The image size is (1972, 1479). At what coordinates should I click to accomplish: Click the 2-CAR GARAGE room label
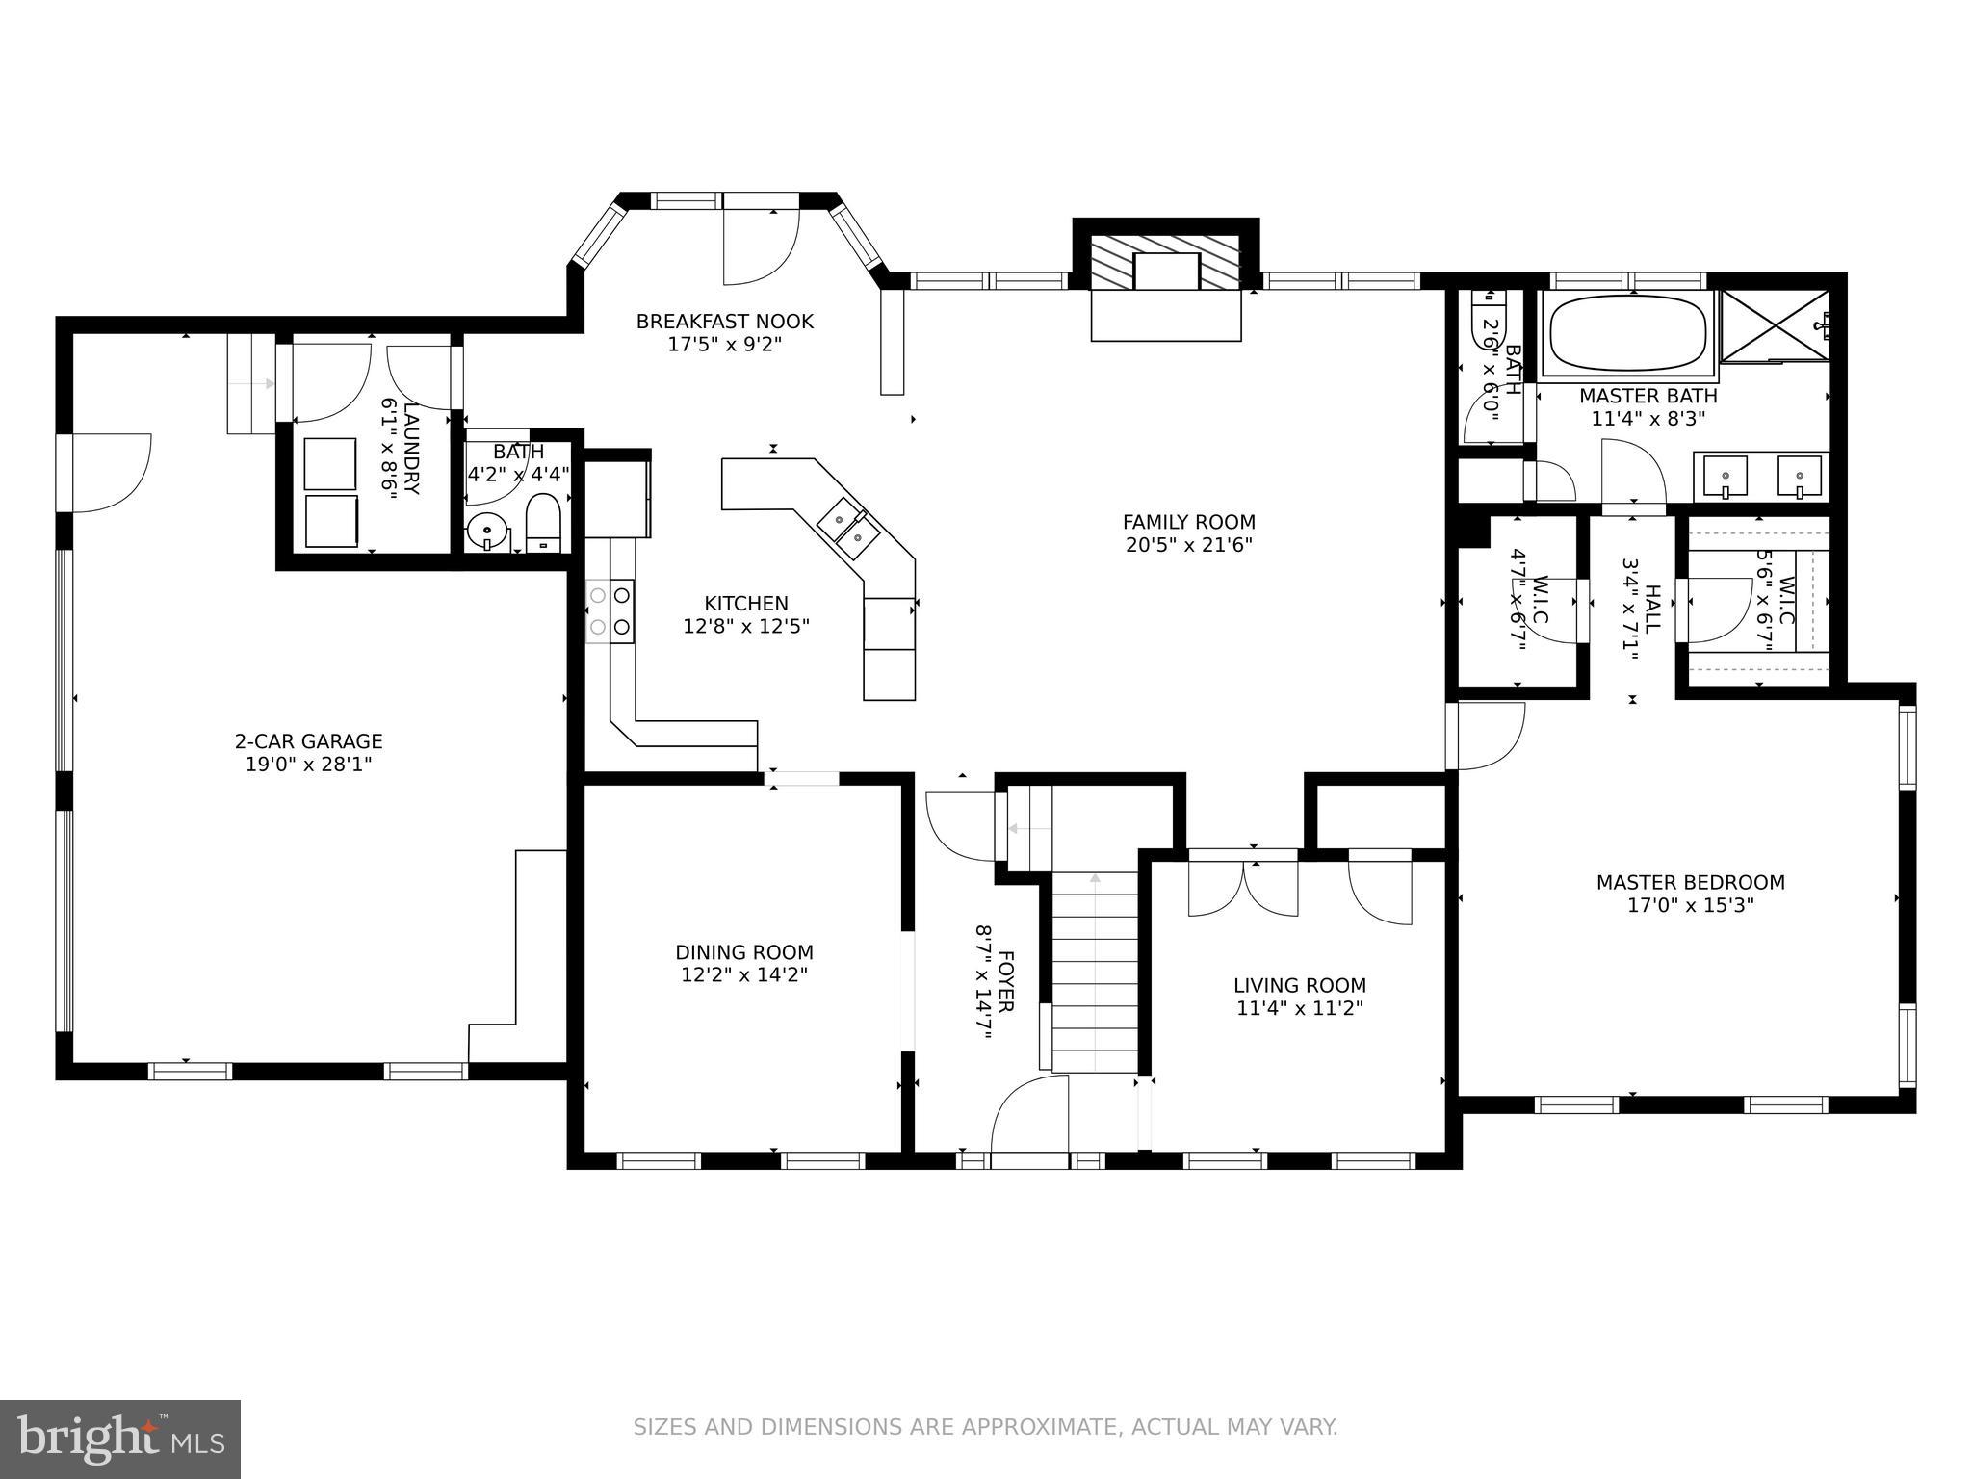coord(308,740)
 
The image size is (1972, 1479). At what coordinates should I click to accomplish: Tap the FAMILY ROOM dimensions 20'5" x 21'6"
coord(1188,545)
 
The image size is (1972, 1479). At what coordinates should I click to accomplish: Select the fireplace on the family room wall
coord(1165,262)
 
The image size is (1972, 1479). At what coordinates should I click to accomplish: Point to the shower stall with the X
coord(1775,324)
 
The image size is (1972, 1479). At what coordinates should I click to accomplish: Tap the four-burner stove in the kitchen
coord(610,610)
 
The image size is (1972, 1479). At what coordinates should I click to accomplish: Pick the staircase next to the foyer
coord(1095,973)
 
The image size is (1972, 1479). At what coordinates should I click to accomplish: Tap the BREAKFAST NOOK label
coord(724,322)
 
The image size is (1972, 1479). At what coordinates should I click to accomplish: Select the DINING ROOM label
coord(743,952)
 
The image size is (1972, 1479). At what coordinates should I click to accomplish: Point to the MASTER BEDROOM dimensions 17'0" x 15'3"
coord(1690,905)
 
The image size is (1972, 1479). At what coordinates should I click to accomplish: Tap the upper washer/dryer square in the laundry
coord(330,463)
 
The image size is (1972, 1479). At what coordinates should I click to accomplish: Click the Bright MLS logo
coord(120,1439)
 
